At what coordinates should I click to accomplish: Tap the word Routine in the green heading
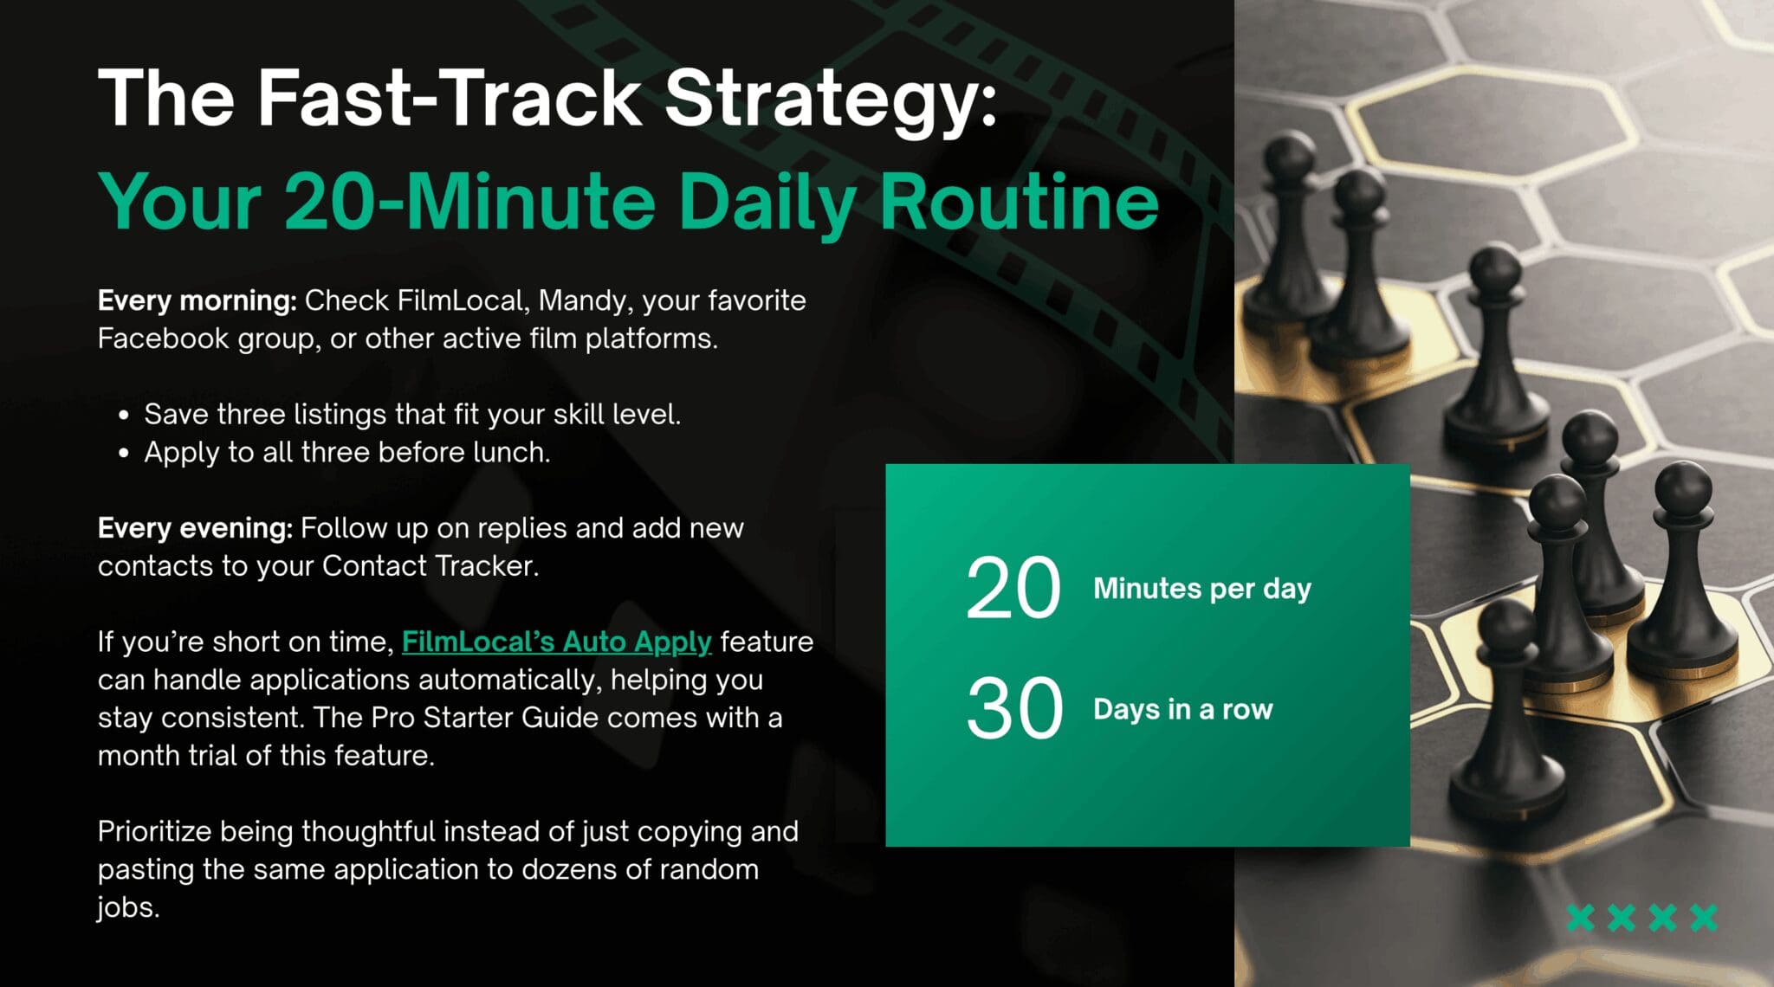1019,202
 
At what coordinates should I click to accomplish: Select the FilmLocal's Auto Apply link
556,642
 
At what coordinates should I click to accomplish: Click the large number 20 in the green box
1013,589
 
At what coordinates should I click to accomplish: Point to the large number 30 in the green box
1014,709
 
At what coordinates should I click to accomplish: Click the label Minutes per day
1202,590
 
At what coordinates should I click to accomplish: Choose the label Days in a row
1183,709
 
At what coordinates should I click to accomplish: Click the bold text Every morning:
197,301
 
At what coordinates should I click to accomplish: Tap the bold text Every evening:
195,529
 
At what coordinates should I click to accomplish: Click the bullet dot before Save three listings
124,416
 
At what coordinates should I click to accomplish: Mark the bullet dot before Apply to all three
124,453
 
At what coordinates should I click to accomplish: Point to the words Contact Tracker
431,566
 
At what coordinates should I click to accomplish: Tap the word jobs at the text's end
128,908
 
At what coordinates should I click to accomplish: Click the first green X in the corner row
1581,918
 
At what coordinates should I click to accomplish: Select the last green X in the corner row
1704,918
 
